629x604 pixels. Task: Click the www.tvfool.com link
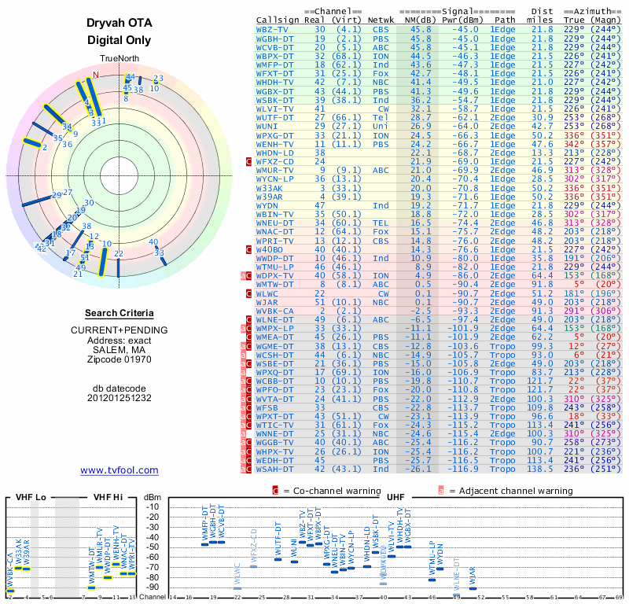tap(119, 470)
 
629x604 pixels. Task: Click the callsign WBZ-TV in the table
tap(274, 28)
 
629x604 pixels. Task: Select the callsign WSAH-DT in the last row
tap(275, 469)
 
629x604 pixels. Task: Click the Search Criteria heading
tap(119, 313)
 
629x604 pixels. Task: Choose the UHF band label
tap(396, 497)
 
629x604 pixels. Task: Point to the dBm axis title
tap(153, 497)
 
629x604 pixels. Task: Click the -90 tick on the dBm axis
tap(153, 587)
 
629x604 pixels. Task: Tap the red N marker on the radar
tap(96, 75)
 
